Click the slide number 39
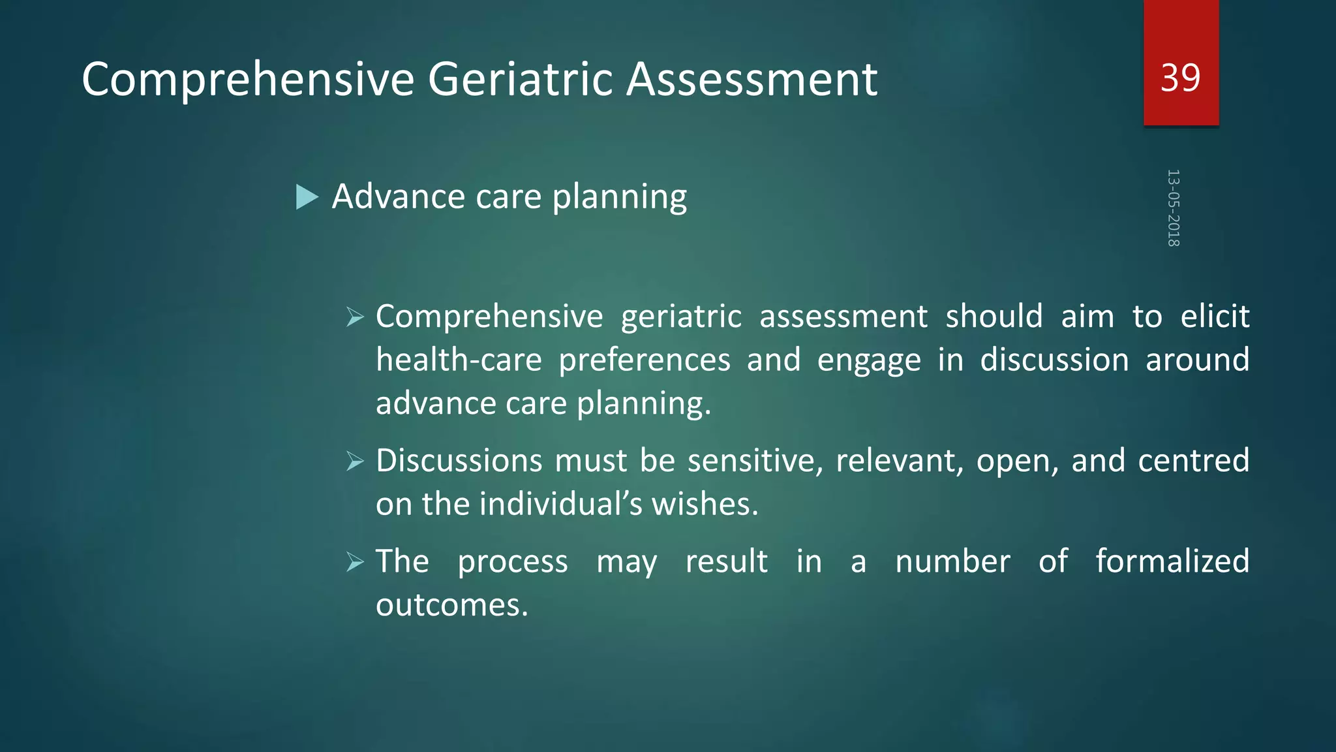[1180, 78]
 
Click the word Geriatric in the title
[520, 80]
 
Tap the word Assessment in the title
[751, 80]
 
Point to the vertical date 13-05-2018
[1173, 208]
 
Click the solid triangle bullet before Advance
[307, 197]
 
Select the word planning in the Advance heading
[620, 197]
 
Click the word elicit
[1215, 317]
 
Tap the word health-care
[459, 360]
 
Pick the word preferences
[645, 360]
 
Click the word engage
[868, 360]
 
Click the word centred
[1193, 461]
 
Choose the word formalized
[1172, 561]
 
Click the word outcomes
[451, 605]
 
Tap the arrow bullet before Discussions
[355, 462]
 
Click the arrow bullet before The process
[355, 561]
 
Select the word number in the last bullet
[952, 561]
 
